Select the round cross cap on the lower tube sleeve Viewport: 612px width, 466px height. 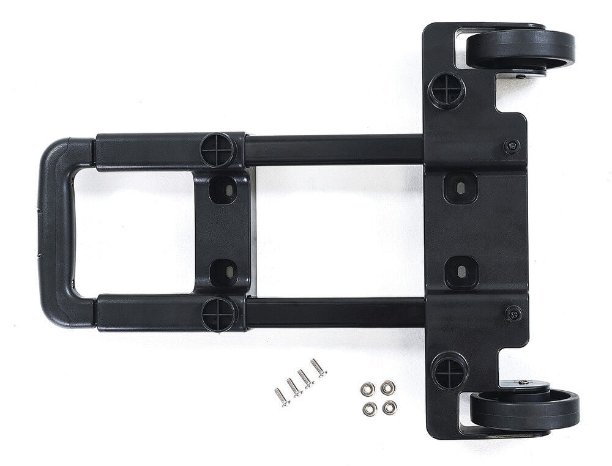tap(218, 314)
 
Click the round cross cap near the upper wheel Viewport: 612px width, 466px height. tap(447, 91)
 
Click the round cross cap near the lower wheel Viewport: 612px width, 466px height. tap(449, 371)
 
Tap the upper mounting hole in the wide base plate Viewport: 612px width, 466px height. tap(460, 187)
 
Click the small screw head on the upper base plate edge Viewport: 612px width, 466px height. tap(512, 146)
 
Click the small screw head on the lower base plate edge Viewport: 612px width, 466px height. tap(514, 314)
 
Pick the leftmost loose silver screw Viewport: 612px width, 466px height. tap(281, 397)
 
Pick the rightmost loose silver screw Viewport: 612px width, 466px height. tap(318, 368)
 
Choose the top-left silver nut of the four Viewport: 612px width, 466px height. tap(368, 389)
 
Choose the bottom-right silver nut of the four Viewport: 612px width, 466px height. tap(389, 407)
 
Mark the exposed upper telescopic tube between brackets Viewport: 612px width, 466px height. tap(334, 150)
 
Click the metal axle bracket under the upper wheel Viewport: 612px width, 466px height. tap(520, 74)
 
